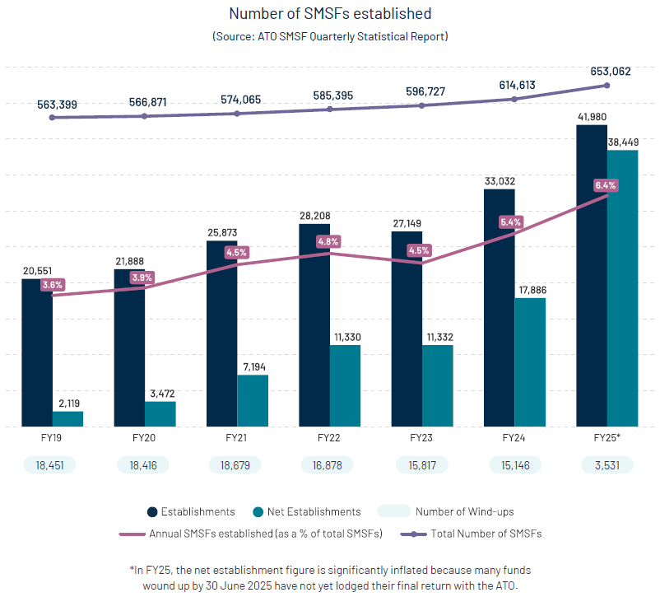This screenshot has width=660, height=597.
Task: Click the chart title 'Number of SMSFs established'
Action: [329, 14]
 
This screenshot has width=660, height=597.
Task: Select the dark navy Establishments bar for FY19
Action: [37, 354]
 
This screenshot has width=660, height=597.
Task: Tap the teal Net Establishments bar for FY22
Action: [345, 385]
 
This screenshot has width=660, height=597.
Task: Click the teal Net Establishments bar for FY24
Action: [530, 362]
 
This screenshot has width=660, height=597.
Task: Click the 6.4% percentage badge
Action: [606, 185]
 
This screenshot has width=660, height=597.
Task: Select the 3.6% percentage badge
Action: [52, 285]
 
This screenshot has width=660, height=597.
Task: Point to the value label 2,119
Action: [67, 403]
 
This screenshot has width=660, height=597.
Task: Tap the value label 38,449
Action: [623, 142]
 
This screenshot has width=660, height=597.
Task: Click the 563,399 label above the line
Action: [57, 104]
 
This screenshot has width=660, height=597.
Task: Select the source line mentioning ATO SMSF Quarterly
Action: [329, 37]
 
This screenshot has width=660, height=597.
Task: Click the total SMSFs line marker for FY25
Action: [607, 85]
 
